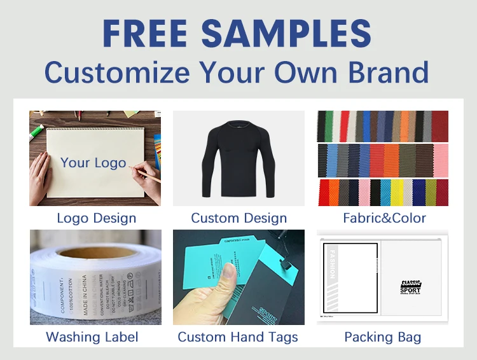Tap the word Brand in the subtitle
[x=389, y=73]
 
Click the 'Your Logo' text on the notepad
[x=93, y=162]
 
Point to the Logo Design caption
[x=96, y=218]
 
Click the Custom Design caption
[x=238, y=218]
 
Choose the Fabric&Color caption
[x=384, y=218]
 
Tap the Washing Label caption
[x=92, y=336]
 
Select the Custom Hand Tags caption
[x=238, y=336]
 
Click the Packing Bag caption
[x=382, y=336]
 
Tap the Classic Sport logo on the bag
[x=410, y=287]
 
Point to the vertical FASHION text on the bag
[x=330, y=267]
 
